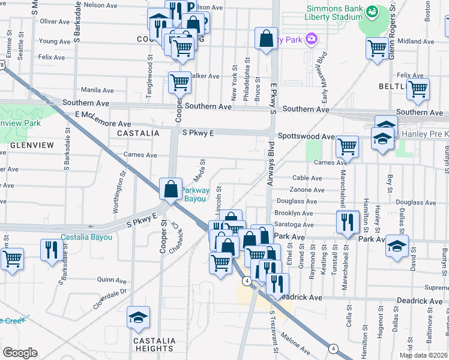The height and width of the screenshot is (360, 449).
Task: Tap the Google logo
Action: point(20,352)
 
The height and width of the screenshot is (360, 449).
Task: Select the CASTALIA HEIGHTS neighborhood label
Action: point(154,344)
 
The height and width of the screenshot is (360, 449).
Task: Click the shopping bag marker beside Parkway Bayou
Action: point(171,189)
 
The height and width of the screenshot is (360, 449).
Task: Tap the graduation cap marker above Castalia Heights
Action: point(139,317)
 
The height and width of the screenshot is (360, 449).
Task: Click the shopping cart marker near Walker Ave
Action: point(179,83)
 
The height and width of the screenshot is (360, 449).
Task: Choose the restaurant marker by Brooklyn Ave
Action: point(347,221)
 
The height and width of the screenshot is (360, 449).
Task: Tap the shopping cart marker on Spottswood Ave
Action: point(347,146)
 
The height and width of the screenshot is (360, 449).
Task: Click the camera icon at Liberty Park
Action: point(311,40)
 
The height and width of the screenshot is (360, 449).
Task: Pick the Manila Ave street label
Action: point(97,90)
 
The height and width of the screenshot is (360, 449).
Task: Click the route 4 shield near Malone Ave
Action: point(333,348)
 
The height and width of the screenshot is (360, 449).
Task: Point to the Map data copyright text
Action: point(423,355)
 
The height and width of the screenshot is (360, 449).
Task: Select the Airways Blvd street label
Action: point(270,163)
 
